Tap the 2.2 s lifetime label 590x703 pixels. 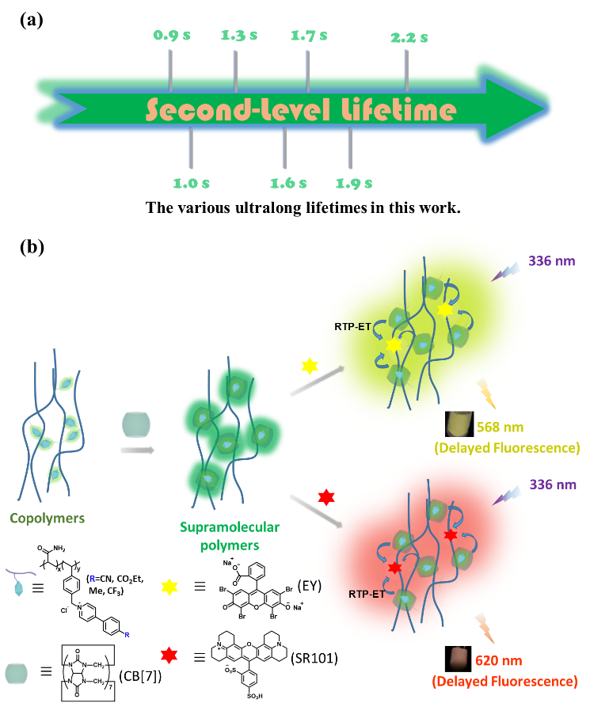tap(409, 37)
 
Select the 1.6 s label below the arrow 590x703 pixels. tap(287, 183)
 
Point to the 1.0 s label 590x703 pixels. tap(192, 183)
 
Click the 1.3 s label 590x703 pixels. tap(238, 36)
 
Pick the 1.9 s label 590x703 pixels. tap(353, 183)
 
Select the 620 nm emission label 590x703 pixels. tap(499, 660)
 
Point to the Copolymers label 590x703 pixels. tap(47, 519)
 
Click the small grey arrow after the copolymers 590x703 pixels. tap(137, 450)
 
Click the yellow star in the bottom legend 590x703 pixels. tap(169, 587)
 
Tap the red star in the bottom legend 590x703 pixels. tap(168, 655)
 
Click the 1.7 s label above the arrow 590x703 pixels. tap(309, 36)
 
